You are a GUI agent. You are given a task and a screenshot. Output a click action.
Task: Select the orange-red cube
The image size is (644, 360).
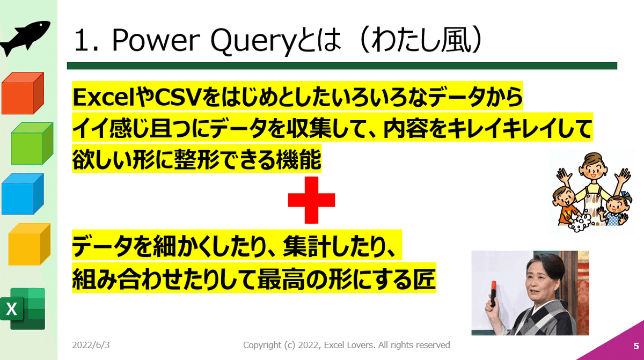coord(23,93)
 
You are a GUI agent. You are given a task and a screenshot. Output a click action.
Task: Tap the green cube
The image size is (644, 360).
coord(32,143)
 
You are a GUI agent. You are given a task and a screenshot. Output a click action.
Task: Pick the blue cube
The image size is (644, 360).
coord(23,194)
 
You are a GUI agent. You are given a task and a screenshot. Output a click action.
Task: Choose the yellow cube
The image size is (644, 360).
coord(30,244)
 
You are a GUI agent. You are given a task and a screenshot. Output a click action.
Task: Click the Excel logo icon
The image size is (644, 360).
coord(23,309)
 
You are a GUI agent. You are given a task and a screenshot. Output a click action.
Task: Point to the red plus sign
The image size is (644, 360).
coord(311,200)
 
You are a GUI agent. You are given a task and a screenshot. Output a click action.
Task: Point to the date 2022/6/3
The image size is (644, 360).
coord(91,345)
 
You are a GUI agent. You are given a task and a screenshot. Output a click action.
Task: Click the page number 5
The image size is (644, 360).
coord(636,346)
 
